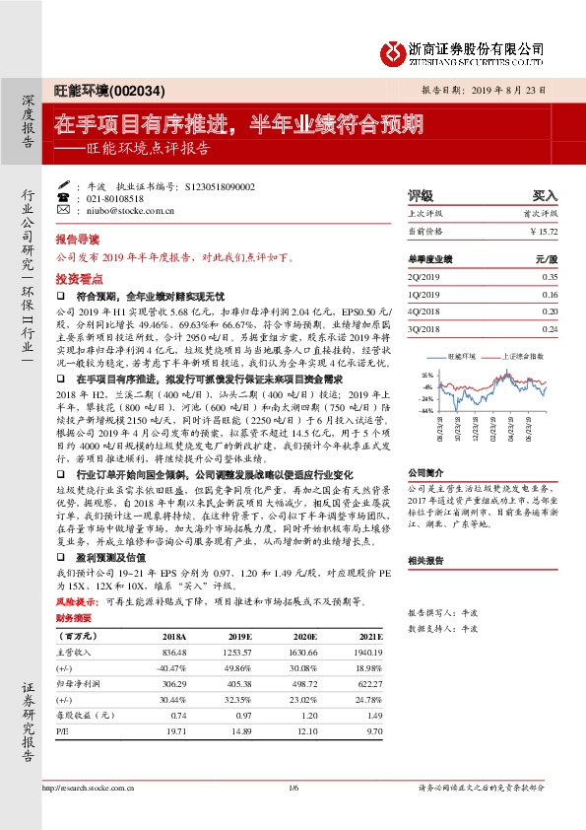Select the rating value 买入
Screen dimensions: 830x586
pyautogui.click(x=545, y=195)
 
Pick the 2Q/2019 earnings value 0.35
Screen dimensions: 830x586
pyautogui.click(x=549, y=277)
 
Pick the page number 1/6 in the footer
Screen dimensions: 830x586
pyautogui.click(x=293, y=815)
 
